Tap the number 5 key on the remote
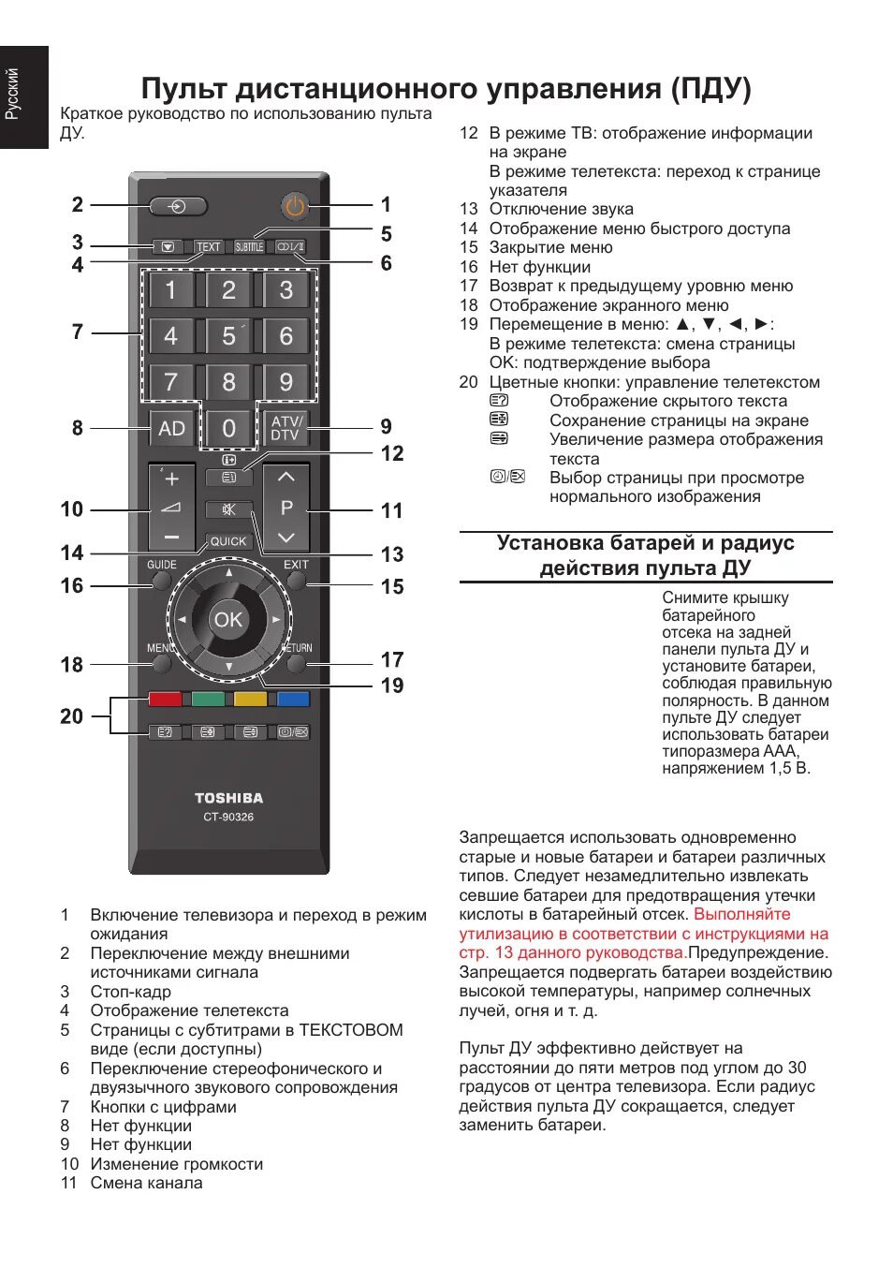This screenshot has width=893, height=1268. (x=228, y=335)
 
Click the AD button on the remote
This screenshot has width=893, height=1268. (x=171, y=428)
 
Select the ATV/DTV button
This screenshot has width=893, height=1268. (x=285, y=428)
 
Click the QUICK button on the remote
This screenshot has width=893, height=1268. (x=228, y=541)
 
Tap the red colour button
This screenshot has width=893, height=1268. (x=165, y=699)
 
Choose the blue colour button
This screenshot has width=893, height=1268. (x=293, y=699)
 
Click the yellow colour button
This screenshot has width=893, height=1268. (x=250, y=699)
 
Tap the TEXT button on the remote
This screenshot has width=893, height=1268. (x=208, y=247)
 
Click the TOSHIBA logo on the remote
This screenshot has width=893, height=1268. (x=228, y=798)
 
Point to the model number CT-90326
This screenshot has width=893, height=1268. (x=228, y=817)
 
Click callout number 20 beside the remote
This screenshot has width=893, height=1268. (x=71, y=716)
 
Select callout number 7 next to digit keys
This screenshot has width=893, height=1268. (x=77, y=332)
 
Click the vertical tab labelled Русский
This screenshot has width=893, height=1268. (x=13, y=95)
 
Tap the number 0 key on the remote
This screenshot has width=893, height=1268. (x=228, y=428)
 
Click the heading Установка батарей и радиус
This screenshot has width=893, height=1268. (x=645, y=543)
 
